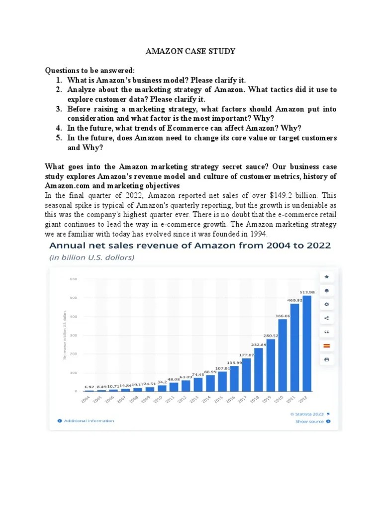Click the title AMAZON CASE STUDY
(x=191, y=51)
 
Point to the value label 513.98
(x=306, y=291)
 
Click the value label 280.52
(x=271, y=335)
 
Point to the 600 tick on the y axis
(x=73, y=279)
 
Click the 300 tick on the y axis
(x=73, y=336)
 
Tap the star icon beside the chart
(x=327, y=276)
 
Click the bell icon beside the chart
(x=327, y=290)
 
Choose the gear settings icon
(x=327, y=304)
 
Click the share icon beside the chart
(x=327, y=318)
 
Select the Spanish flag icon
(x=327, y=345)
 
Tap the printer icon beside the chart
(x=327, y=359)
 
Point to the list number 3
(x=58, y=109)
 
